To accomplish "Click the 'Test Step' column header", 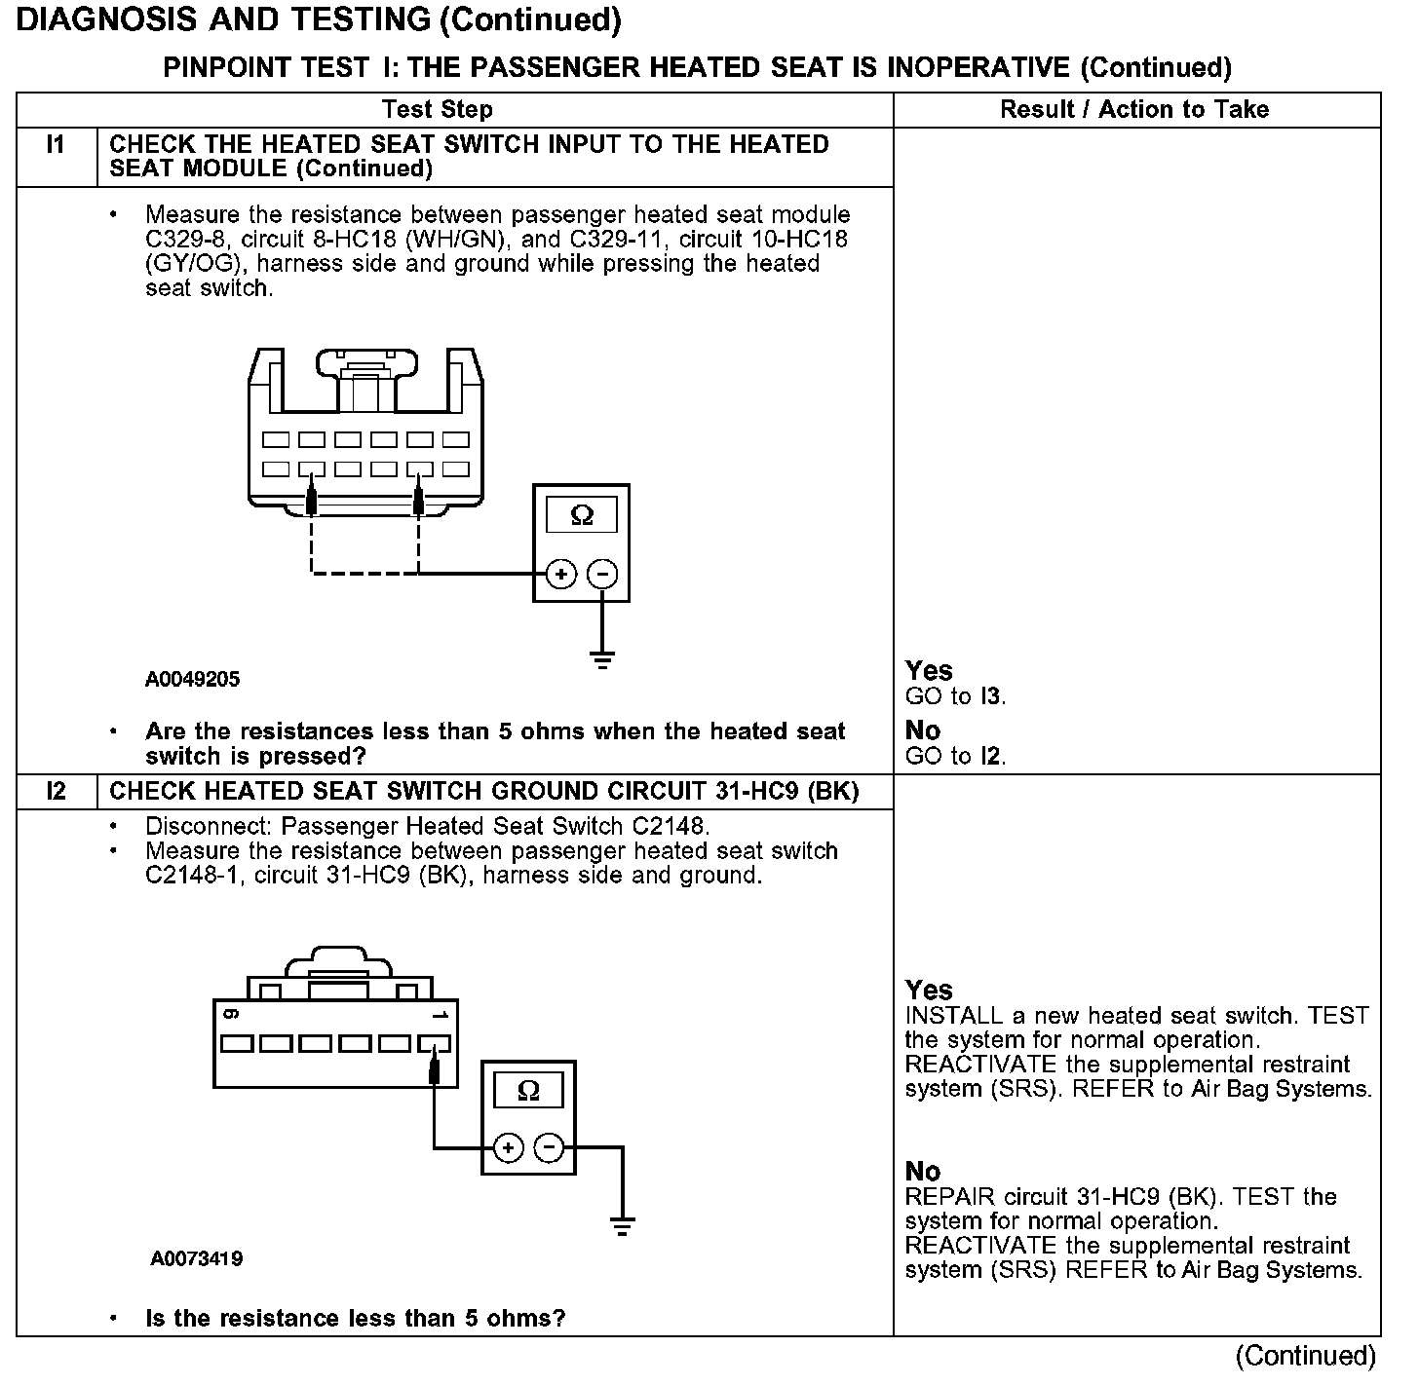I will coord(438,109).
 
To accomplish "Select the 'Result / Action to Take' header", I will coord(1134,109).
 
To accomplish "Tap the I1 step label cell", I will coord(57,145).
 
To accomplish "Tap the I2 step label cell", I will coord(57,792).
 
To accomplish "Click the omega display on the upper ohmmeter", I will coord(581,514).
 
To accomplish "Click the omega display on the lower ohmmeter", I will coord(528,1090).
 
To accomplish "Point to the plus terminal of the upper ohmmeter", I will coord(560,574).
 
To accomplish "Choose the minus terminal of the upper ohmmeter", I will coord(602,574).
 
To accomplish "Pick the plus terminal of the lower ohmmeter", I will coord(508,1148).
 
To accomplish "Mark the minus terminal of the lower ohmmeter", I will coord(550,1148).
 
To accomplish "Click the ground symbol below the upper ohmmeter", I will coord(603,661).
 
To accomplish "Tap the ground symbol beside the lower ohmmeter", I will coord(622,1225).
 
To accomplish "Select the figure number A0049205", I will coord(192,680).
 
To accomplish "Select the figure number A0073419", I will coord(197,1258).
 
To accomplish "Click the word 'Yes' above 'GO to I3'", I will coord(929,670).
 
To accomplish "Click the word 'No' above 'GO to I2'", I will coord(923,730).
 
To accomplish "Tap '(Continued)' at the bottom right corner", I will coord(1305,1356).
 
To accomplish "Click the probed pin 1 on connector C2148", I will coord(434,1045).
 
